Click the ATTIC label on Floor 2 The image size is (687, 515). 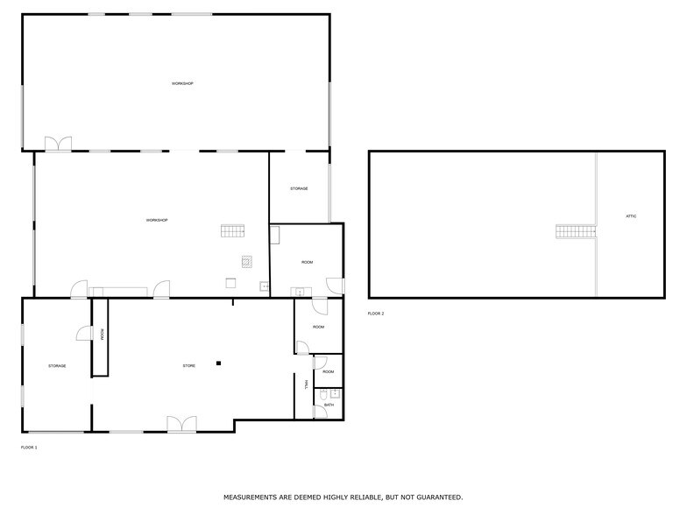(x=631, y=215)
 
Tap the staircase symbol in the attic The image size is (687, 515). (x=576, y=232)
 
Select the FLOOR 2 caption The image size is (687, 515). (x=376, y=314)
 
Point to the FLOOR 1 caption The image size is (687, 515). (x=29, y=448)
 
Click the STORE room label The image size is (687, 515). (x=188, y=365)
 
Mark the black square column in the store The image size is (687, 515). (x=219, y=363)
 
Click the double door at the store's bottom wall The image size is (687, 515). (x=181, y=425)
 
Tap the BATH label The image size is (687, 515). (x=329, y=405)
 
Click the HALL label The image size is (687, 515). (x=306, y=384)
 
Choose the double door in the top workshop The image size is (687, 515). (x=59, y=144)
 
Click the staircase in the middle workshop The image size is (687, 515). (x=233, y=231)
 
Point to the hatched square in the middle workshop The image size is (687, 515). (x=247, y=261)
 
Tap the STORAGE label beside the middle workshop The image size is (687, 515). (x=299, y=188)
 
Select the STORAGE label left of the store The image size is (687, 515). (x=57, y=365)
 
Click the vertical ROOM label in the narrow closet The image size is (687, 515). (x=102, y=334)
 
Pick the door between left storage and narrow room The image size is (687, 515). (x=84, y=333)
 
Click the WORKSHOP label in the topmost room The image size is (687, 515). (x=182, y=83)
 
